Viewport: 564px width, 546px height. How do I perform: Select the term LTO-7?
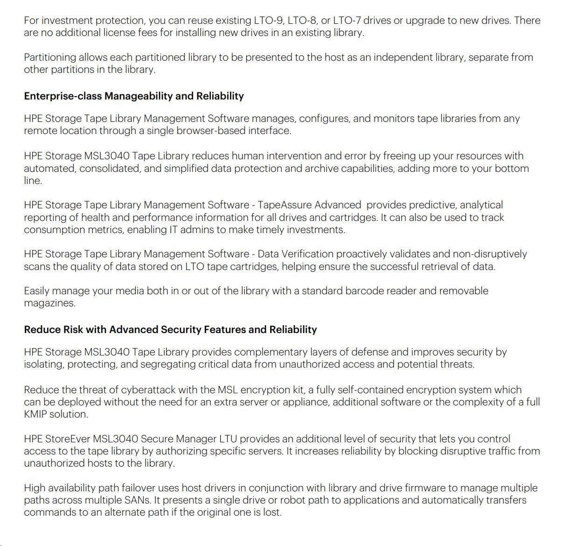(x=344, y=21)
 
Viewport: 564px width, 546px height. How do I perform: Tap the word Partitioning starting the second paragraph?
(x=50, y=57)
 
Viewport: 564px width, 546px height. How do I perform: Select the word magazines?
(x=49, y=303)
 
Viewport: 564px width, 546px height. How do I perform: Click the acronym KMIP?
(x=35, y=414)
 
